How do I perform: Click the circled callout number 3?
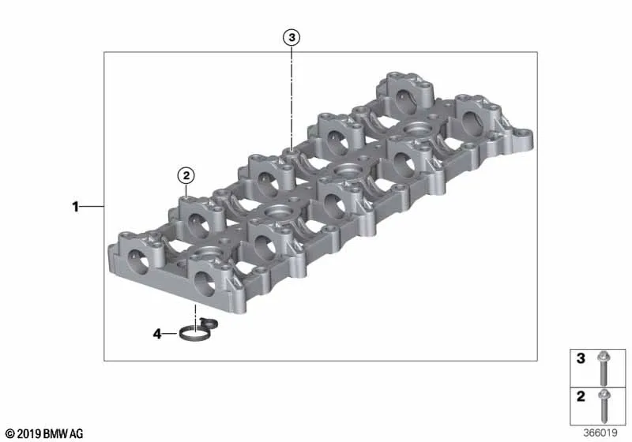(292, 37)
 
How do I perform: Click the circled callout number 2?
(186, 175)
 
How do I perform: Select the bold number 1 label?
(75, 207)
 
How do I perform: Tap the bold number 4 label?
(157, 334)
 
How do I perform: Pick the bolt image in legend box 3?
(604, 368)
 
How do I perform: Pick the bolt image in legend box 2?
(604, 406)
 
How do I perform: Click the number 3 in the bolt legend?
(581, 358)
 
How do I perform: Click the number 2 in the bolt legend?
(581, 396)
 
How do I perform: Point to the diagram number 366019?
(600, 433)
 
